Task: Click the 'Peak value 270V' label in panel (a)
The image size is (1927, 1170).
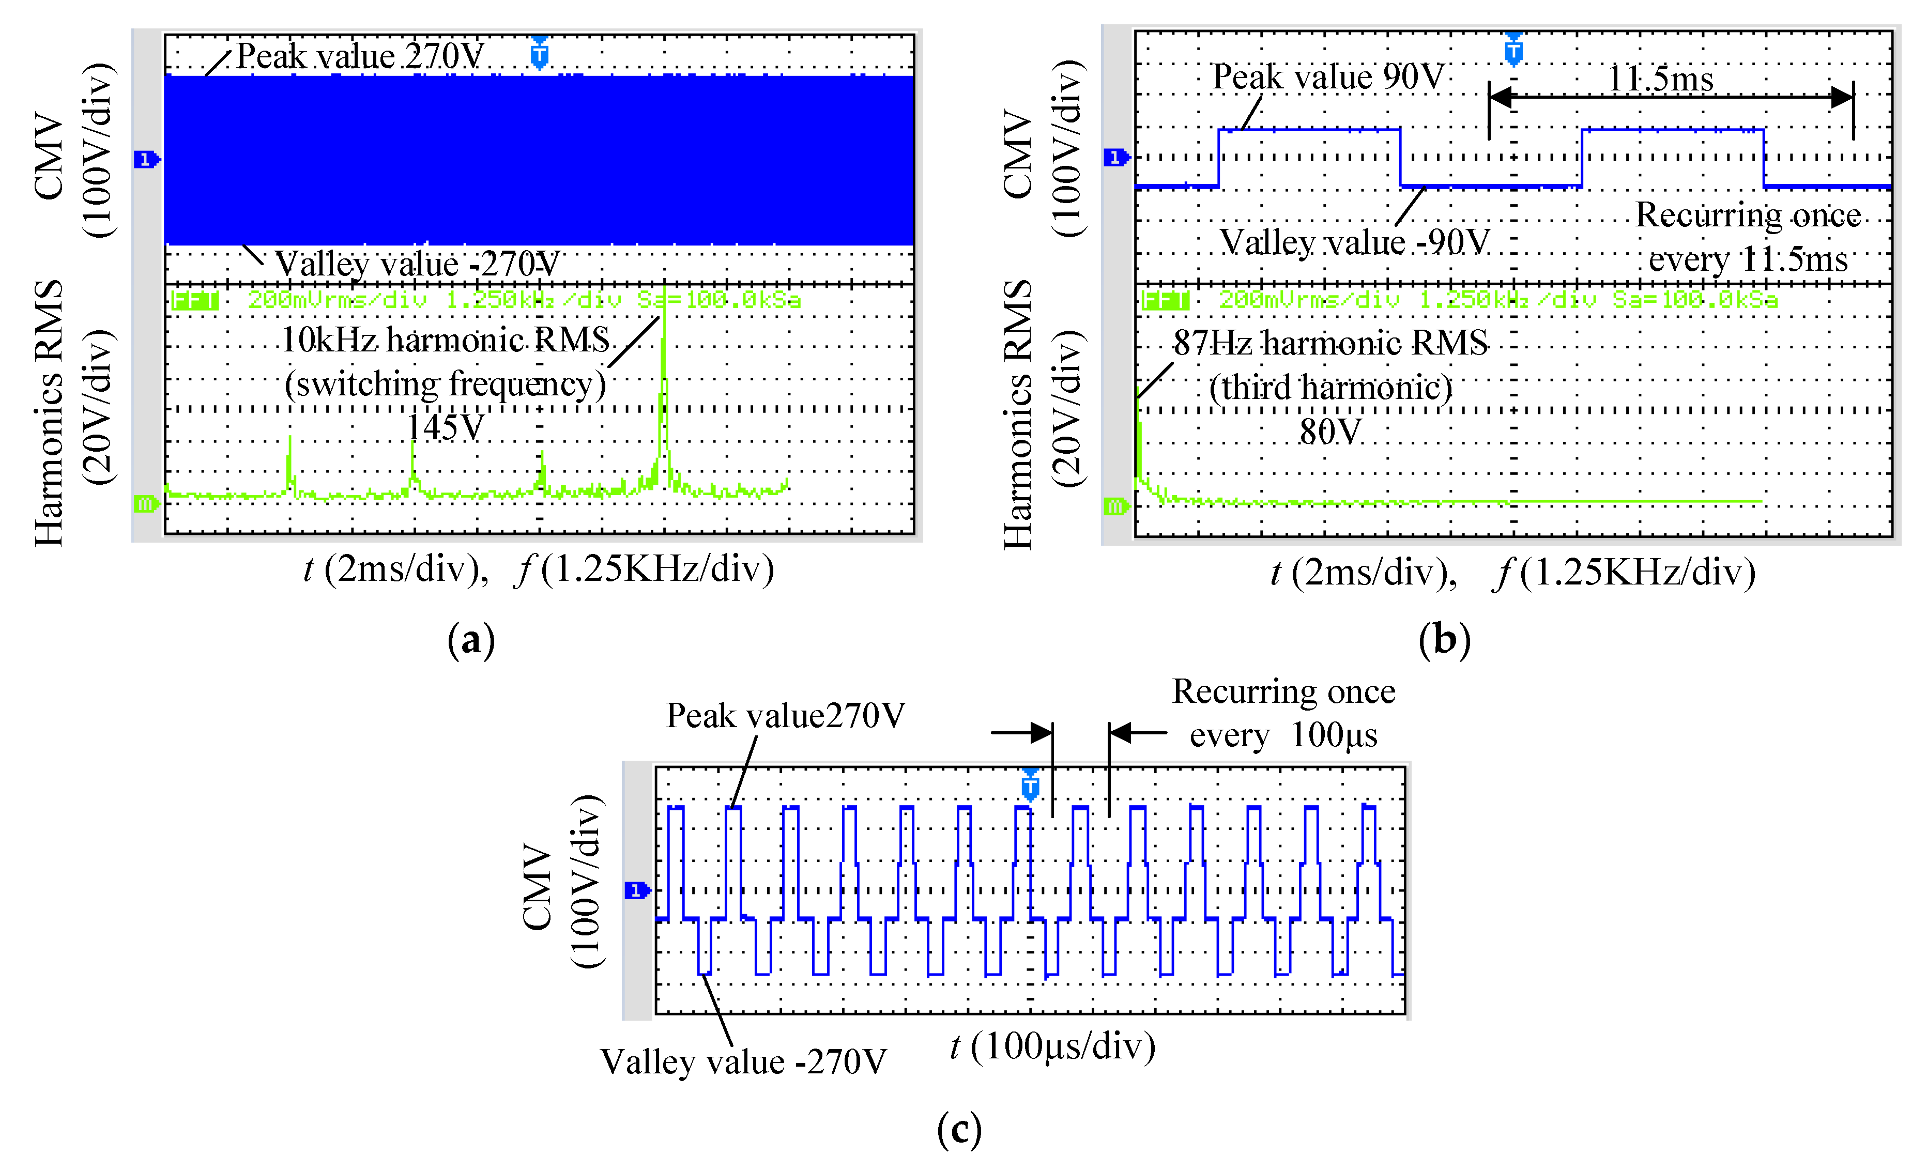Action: click(360, 56)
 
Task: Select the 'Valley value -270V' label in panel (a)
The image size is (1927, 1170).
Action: click(417, 264)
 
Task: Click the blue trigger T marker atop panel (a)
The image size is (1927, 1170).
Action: click(539, 54)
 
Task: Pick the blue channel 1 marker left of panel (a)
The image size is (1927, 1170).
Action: click(145, 160)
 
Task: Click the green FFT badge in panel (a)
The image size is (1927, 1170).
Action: click(195, 300)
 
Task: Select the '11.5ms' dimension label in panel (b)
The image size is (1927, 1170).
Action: click(1660, 78)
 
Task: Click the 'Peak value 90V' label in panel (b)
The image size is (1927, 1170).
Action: click(1327, 76)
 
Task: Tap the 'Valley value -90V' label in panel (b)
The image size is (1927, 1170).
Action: click(1354, 242)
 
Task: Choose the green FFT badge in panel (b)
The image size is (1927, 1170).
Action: click(1165, 300)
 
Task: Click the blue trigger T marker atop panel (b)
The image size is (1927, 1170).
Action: click(1513, 52)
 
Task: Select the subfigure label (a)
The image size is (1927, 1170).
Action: click(471, 640)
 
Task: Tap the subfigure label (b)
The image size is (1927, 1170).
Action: click(1444, 640)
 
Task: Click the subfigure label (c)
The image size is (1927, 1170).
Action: click(959, 1129)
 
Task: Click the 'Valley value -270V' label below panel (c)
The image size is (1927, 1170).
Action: click(743, 1062)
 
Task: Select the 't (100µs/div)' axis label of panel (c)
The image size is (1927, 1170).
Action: click(1052, 1046)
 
